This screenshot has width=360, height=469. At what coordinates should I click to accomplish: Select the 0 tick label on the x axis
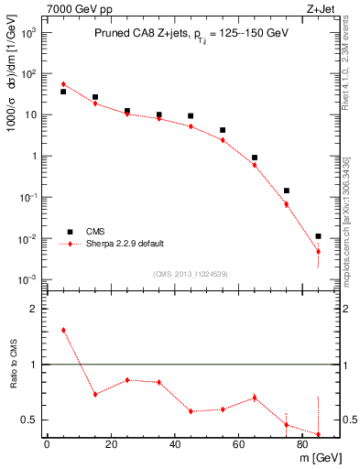pyautogui.click(x=47, y=444)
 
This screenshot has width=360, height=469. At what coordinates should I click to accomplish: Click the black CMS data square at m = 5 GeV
pyautogui.click(x=63, y=92)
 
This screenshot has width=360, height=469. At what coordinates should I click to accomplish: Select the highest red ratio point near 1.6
pyautogui.click(x=63, y=330)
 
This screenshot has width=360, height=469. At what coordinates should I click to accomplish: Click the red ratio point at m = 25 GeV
pyautogui.click(x=127, y=380)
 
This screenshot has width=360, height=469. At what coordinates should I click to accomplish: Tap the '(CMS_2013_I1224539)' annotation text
pyautogui.click(x=190, y=272)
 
